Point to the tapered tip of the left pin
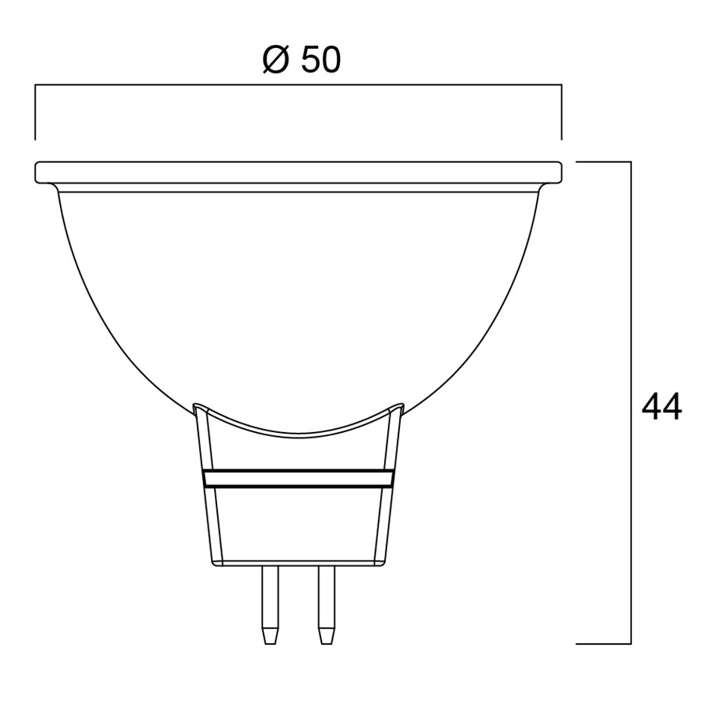pyautogui.click(x=270, y=636)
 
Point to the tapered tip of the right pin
pyautogui.click(x=327, y=636)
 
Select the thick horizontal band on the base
pyautogui.click(x=299, y=478)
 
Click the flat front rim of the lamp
pyautogui.click(x=298, y=172)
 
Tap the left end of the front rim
pyautogui.click(x=35, y=172)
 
